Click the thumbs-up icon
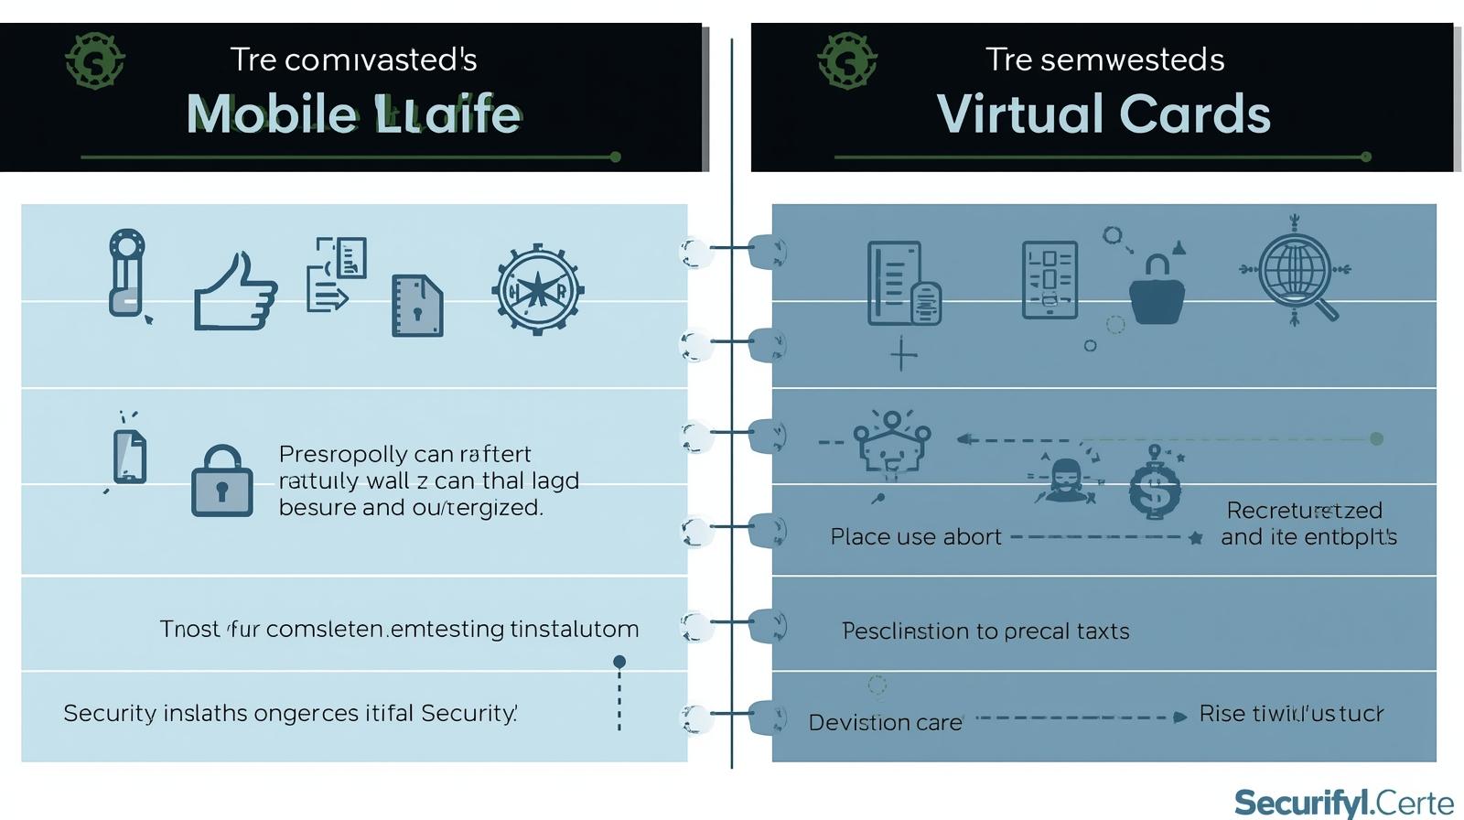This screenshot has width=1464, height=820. (235, 291)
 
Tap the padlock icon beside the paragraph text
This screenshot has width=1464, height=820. (221, 481)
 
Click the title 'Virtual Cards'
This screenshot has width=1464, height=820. (1103, 114)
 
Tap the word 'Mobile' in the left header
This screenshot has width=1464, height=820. (271, 114)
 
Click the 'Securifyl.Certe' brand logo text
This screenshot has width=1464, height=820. (1343, 803)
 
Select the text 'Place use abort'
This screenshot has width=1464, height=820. (915, 537)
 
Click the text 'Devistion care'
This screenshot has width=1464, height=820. (885, 723)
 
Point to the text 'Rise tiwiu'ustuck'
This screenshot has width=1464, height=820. (1291, 714)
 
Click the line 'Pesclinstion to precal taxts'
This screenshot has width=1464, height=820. (985, 631)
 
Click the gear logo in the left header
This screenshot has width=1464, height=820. (95, 61)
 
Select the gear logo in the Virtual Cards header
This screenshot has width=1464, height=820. (847, 61)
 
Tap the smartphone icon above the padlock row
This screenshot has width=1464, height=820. (129, 456)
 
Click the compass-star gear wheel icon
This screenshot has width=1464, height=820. (538, 291)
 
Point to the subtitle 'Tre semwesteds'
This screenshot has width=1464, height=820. (1104, 59)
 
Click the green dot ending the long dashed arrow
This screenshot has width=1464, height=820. (1376, 439)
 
